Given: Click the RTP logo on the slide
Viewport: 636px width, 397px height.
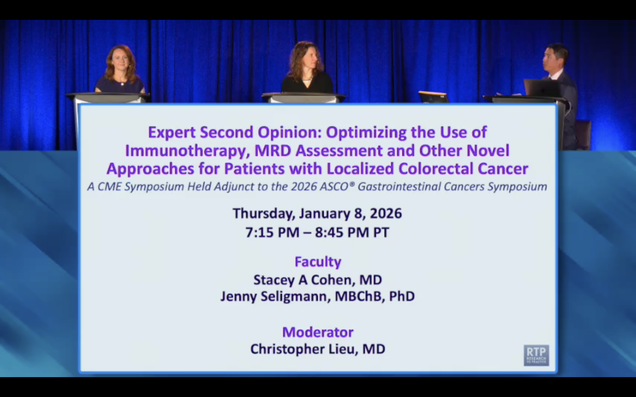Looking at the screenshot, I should [x=536, y=355].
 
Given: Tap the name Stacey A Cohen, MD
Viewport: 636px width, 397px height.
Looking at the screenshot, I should [x=318, y=280].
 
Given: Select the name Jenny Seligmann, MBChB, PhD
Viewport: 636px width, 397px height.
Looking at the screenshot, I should [x=318, y=296].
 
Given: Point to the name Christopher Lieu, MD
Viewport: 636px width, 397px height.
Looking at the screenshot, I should [x=318, y=349].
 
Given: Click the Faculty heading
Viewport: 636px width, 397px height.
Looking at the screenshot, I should [x=318, y=262].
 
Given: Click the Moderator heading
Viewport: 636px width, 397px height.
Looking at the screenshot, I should [x=318, y=332].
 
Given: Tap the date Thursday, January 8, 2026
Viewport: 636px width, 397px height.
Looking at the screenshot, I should [x=317, y=213].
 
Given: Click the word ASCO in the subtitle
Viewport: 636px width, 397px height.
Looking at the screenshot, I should [x=334, y=187].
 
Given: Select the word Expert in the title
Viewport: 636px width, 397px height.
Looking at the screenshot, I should [x=172, y=132].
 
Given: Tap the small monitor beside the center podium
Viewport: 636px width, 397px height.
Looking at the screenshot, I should [x=433, y=97].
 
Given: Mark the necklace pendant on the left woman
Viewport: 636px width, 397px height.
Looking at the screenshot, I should [x=122, y=84].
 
